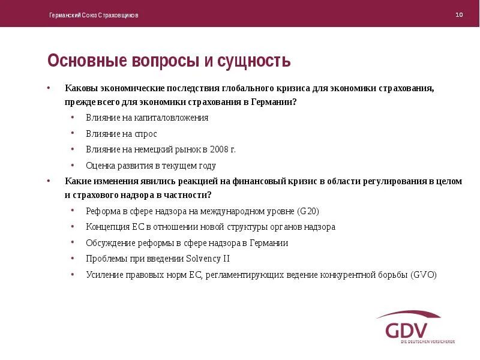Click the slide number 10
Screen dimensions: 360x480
[x=459, y=14]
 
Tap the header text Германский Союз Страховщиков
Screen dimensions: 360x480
[x=94, y=15]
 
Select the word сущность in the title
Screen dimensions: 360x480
[x=255, y=61]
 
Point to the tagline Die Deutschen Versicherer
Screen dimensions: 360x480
[x=427, y=341]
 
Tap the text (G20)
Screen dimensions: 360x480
[x=308, y=211]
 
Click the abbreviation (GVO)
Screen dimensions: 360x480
[x=424, y=275]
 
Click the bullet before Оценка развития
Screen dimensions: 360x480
[x=72, y=165]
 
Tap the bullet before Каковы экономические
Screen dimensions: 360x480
[x=50, y=88]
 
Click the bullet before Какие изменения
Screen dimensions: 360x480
[x=50, y=181]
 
